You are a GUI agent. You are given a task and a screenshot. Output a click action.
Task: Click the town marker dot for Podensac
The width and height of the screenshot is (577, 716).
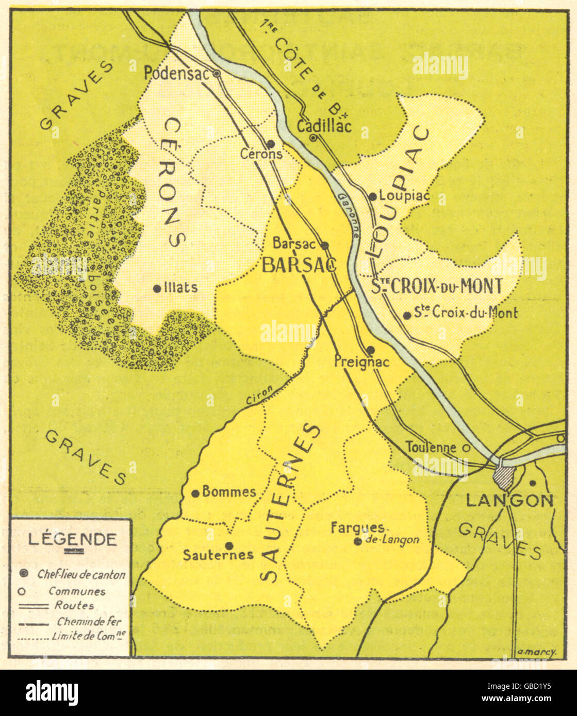217,74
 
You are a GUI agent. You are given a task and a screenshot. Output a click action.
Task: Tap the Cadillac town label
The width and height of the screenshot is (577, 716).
324,126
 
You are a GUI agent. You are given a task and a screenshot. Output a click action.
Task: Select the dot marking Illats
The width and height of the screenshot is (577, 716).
157,289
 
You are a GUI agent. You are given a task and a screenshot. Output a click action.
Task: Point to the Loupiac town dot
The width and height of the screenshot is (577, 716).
372,196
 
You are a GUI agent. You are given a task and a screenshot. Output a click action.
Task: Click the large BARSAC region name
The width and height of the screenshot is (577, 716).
299,265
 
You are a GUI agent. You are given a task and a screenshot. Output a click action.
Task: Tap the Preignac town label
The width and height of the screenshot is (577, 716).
361,362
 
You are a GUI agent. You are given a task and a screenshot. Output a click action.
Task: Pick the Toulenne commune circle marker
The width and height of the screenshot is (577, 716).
466,448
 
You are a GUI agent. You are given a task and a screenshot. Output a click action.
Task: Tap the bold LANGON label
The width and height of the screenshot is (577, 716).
509,500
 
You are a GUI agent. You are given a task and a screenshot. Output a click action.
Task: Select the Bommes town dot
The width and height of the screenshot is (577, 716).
195,493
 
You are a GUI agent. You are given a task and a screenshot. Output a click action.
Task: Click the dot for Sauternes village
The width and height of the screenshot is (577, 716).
229,545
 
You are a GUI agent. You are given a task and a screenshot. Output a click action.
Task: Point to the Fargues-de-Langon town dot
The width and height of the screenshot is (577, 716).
357,541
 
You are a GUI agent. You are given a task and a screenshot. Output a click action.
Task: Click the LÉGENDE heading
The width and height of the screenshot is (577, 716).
72,539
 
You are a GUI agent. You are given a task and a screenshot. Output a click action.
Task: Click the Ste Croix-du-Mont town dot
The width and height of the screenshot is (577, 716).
407,315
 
